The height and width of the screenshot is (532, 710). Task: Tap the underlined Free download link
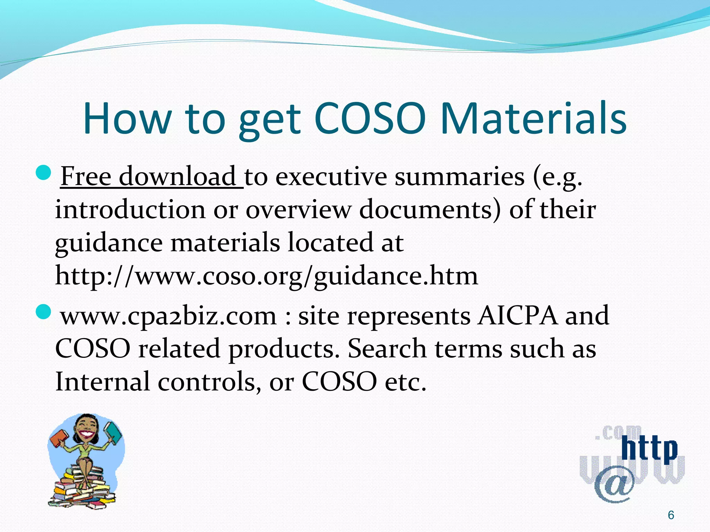151,177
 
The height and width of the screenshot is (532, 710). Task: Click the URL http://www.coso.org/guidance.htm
266,276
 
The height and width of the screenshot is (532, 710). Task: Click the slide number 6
670,515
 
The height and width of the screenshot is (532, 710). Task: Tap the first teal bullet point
44,172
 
